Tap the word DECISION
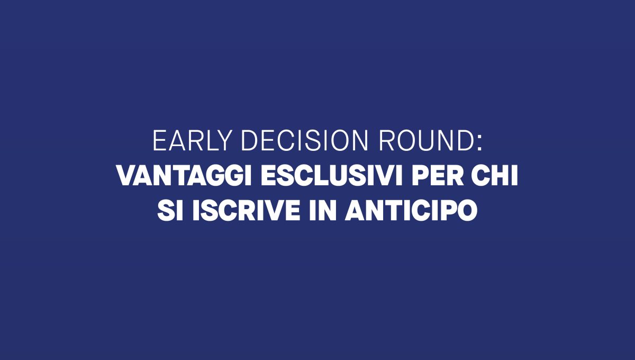pos(304,140)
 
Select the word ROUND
pos(426,140)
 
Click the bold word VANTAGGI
pos(184,176)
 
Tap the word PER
pos(438,176)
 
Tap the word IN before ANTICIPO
pos(323,211)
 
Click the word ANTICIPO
pos(411,211)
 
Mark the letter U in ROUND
pos(427,141)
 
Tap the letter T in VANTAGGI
pos(183,176)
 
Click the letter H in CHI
pos(501,176)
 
